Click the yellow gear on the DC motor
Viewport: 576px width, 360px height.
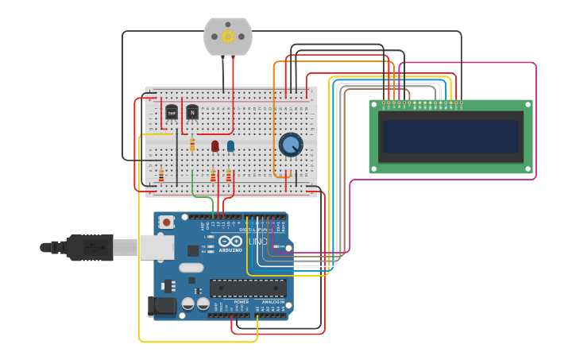click(228, 37)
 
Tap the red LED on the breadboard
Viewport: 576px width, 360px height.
click(215, 145)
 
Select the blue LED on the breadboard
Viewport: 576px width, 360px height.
click(230, 145)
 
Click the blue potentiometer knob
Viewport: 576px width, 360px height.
click(291, 145)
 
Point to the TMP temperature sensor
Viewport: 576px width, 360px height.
click(171, 113)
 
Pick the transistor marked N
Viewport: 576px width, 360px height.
click(192, 112)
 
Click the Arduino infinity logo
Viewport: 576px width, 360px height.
click(231, 241)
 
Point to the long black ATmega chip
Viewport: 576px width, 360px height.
click(248, 288)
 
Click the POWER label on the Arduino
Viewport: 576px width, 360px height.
click(241, 302)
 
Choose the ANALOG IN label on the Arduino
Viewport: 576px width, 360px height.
click(273, 302)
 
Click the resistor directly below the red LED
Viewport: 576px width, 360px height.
click(213, 175)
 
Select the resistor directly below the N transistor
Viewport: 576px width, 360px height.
click(192, 144)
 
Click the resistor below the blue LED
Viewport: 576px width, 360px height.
click(229, 175)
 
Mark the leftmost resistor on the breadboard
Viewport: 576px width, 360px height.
click(161, 175)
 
